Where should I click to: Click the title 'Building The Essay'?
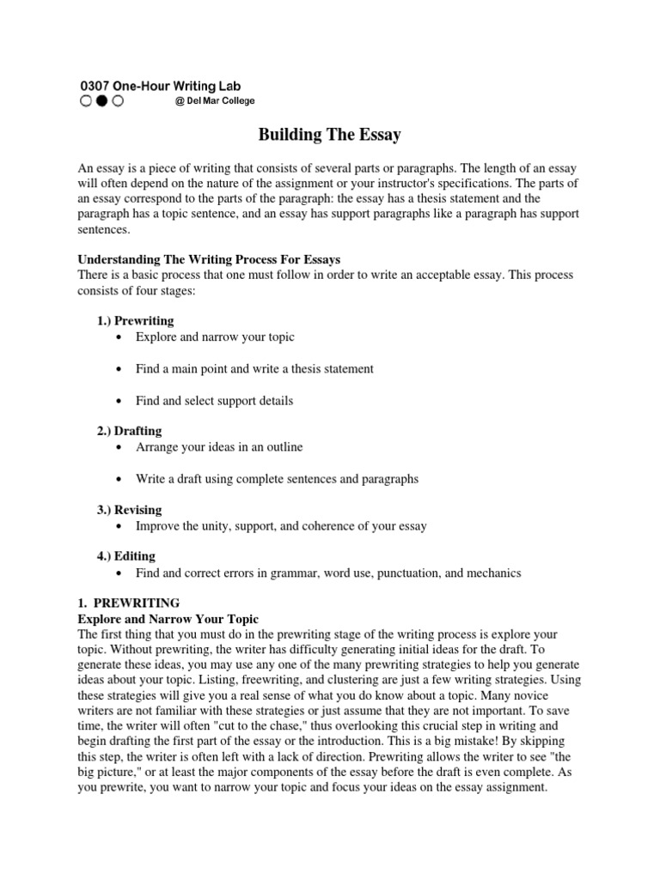pos(330,135)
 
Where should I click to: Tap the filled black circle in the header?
pos(101,101)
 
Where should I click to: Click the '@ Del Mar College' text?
pos(214,101)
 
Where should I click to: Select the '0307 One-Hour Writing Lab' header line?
pos(160,86)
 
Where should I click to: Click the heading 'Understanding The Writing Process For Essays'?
pos(210,259)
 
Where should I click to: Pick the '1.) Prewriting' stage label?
pos(135,321)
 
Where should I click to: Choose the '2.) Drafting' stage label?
pos(129,431)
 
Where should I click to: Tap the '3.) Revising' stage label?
pos(129,510)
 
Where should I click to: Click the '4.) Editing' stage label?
pos(126,557)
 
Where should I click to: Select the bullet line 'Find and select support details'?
pos(214,400)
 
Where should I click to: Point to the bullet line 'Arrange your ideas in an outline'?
pos(219,447)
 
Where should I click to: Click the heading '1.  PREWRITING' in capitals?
pos(129,603)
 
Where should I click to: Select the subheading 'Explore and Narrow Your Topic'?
pos(168,619)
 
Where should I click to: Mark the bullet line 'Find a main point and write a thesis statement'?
pos(254,369)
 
